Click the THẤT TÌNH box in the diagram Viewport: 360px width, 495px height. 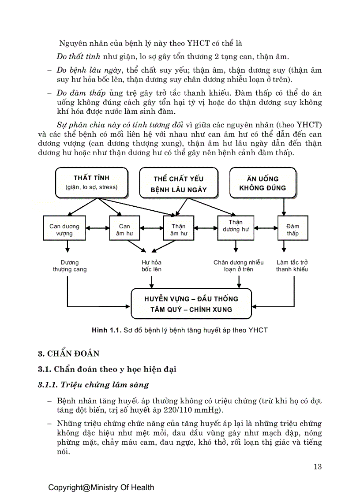(91, 182)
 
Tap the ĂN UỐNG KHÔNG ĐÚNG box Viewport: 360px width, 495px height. (262, 183)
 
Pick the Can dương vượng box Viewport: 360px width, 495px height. (64, 230)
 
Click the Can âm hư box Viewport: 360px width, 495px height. (124, 230)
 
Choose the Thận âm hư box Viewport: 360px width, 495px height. (178, 230)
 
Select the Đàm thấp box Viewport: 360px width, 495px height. (292, 230)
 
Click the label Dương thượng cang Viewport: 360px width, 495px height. (69, 266)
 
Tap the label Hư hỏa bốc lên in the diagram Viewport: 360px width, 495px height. (151, 266)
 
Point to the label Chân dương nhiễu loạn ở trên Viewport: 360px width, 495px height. (238, 266)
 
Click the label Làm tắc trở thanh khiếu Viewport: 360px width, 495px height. (292, 266)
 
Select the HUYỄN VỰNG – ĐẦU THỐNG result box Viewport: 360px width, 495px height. (191, 304)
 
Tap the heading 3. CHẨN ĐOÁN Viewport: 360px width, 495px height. (68, 354)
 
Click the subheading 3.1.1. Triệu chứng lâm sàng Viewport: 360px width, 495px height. (93, 384)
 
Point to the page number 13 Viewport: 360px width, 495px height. (317, 467)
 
